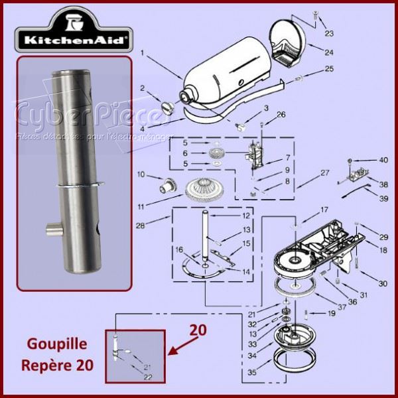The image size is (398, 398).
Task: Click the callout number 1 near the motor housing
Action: (142, 52)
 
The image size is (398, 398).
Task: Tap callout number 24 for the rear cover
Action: (330, 52)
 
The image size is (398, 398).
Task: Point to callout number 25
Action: (330, 69)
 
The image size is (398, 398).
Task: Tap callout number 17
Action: (324, 210)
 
